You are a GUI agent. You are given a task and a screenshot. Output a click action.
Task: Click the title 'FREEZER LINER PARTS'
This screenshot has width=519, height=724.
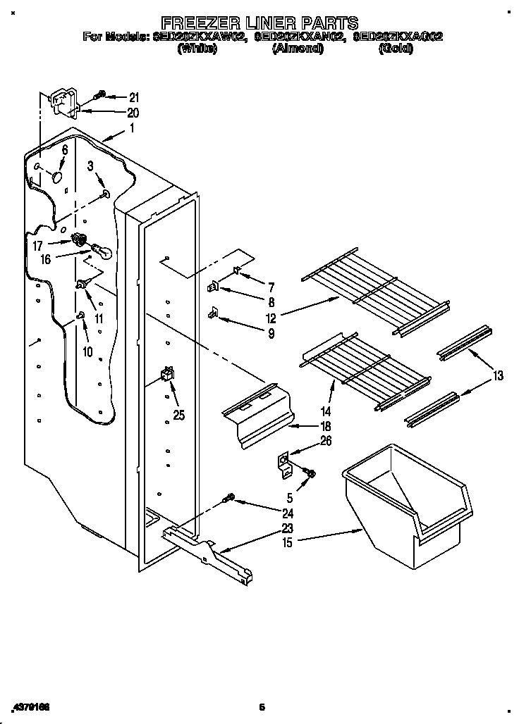click(259, 23)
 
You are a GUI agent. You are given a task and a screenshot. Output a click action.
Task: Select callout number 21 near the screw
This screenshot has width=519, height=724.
click(134, 97)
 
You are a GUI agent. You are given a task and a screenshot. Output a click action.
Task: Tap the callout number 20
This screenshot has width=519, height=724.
click(134, 113)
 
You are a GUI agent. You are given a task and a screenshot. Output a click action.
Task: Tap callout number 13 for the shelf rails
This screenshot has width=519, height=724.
click(498, 376)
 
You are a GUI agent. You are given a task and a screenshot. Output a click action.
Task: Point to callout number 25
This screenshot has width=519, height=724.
click(179, 416)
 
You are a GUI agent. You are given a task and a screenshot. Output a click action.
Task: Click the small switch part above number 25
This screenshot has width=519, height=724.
click(167, 374)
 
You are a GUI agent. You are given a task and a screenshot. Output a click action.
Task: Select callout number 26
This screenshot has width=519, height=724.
click(325, 442)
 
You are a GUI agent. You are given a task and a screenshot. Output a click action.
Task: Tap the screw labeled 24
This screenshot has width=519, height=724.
click(228, 498)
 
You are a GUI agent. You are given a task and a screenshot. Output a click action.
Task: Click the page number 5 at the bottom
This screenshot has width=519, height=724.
click(260, 706)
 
